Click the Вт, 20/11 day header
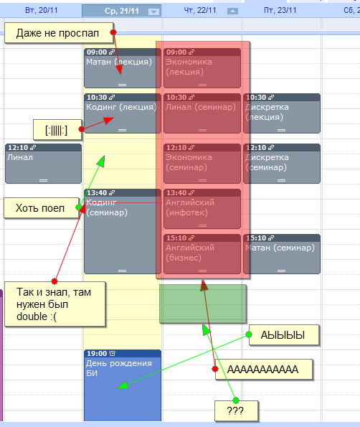coord(42,10)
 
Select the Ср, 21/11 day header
coord(122,11)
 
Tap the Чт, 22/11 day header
coord(200,10)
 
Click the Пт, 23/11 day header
coord(280,10)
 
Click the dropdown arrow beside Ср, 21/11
coord(153,11)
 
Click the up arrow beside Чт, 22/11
coord(232,11)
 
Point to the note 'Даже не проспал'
coord(59,33)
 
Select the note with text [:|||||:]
coord(57,130)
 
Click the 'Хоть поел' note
coord(42,208)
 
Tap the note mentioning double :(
coord(55,304)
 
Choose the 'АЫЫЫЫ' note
coord(284,335)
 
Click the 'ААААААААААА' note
coord(264,370)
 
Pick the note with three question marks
coord(236,410)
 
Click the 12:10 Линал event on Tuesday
coord(43,164)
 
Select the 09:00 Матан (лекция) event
coord(123,68)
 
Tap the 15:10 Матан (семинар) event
coord(282,254)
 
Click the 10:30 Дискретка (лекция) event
coord(282,113)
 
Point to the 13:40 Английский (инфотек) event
coord(202,209)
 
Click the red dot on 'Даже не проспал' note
coord(113,32)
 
